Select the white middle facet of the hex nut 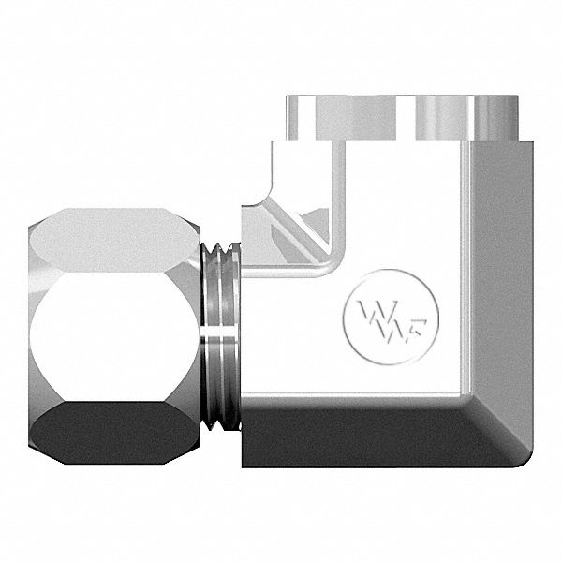(112, 324)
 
